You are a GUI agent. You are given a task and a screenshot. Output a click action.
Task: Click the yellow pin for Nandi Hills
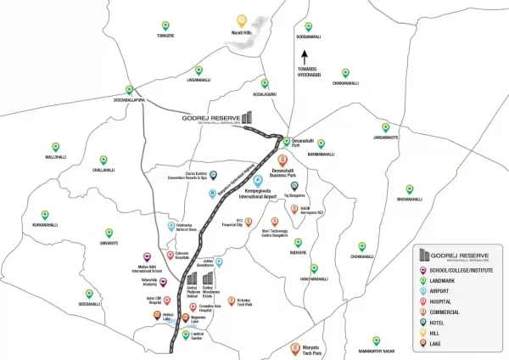[x=242, y=20]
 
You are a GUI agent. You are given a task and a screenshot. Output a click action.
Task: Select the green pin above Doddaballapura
[x=129, y=89]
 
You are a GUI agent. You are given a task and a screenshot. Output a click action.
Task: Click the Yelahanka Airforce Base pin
[x=171, y=226]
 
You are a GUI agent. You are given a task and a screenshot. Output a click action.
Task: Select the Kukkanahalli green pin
[x=45, y=216]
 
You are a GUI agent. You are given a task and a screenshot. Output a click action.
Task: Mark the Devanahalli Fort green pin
[x=287, y=142]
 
